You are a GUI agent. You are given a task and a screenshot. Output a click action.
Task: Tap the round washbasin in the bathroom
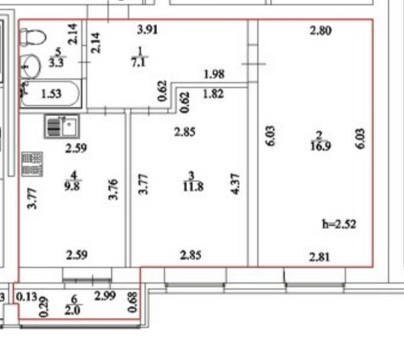pyautogui.click(x=31, y=66)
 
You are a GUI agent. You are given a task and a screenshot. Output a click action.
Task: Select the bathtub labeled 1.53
pyautogui.click(x=51, y=94)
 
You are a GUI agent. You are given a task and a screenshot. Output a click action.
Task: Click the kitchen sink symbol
pyautogui.click(x=62, y=127)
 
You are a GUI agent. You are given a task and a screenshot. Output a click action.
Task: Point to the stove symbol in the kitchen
pyautogui.click(x=32, y=164)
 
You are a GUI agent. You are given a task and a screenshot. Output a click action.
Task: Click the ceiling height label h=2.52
pyautogui.click(x=339, y=224)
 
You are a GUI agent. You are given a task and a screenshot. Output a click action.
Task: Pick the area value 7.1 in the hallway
pyautogui.click(x=136, y=61)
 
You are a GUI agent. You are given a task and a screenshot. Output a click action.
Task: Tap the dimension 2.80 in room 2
pyautogui.click(x=320, y=31)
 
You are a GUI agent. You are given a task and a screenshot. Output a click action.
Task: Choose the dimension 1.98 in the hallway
pyautogui.click(x=214, y=74)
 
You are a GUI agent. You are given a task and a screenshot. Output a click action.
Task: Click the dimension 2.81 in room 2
pyautogui.click(x=319, y=256)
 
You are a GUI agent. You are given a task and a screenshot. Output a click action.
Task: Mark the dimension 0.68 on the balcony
pyautogui.click(x=131, y=302)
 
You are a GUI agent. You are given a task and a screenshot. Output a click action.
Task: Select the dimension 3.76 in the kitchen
pyautogui.click(x=113, y=189)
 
